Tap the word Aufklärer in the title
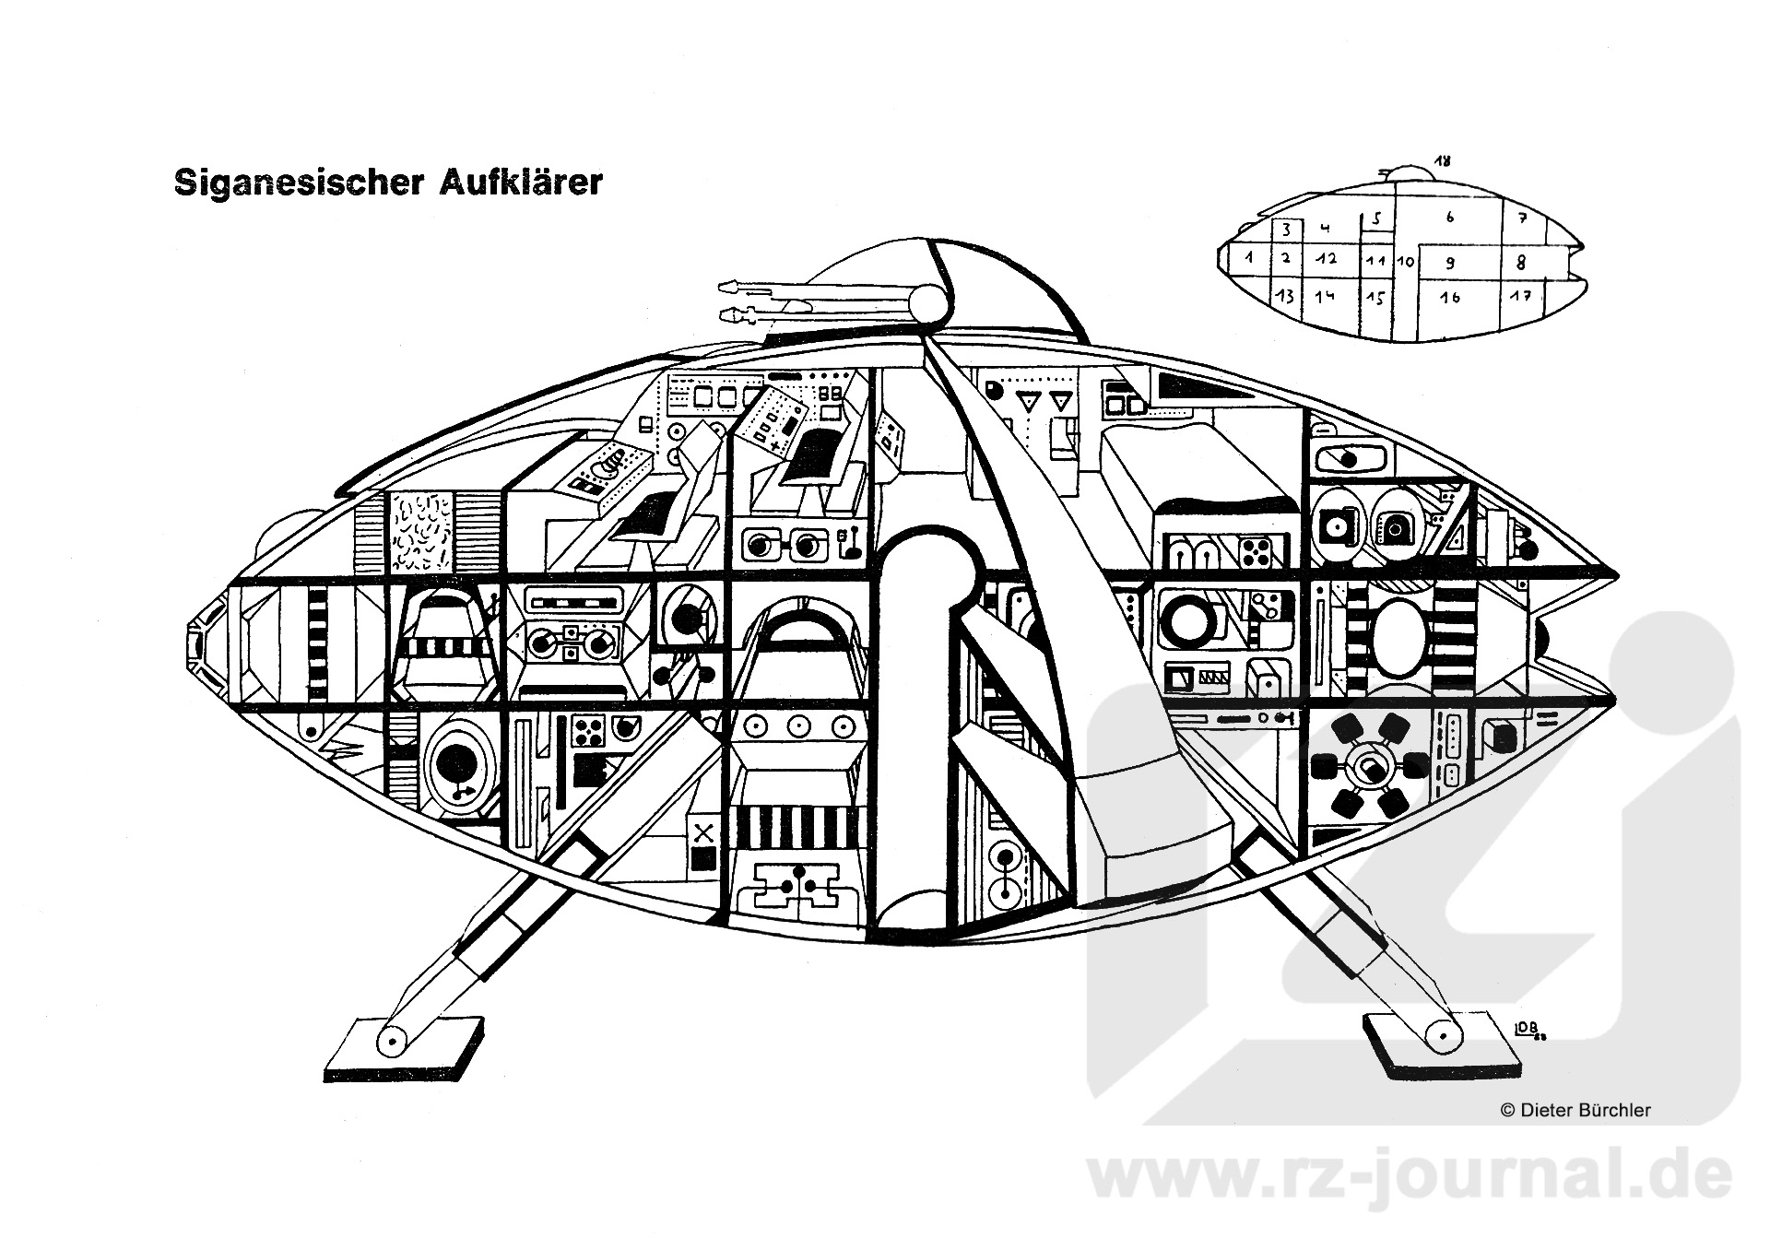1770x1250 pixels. (521, 182)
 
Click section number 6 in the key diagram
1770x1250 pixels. (1450, 218)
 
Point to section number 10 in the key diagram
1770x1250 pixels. (1405, 262)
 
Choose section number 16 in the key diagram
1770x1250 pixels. (1450, 298)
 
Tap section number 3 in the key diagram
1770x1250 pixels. (1287, 230)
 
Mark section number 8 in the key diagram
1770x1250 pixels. (1521, 263)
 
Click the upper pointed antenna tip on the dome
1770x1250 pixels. (726, 286)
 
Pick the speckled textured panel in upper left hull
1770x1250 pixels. (420, 532)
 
